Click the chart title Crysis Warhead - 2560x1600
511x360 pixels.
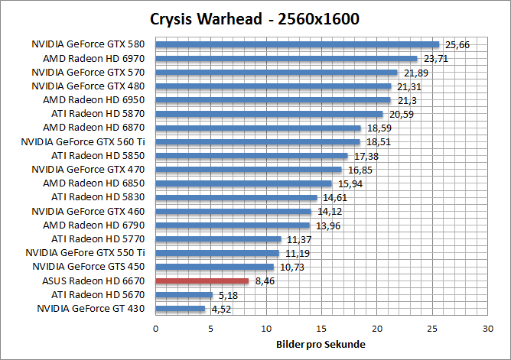(255, 18)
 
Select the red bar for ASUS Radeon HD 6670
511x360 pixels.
(202, 281)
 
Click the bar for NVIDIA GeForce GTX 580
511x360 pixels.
(298, 44)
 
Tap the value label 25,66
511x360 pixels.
(458, 45)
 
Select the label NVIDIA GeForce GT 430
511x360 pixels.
(92, 309)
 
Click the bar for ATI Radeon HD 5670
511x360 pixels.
(184, 295)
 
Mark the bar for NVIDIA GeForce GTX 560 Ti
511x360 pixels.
(258, 141)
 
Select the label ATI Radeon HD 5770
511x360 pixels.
(102, 239)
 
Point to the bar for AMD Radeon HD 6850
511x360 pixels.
(243, 183)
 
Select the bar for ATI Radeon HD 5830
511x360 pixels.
(236, 197)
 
